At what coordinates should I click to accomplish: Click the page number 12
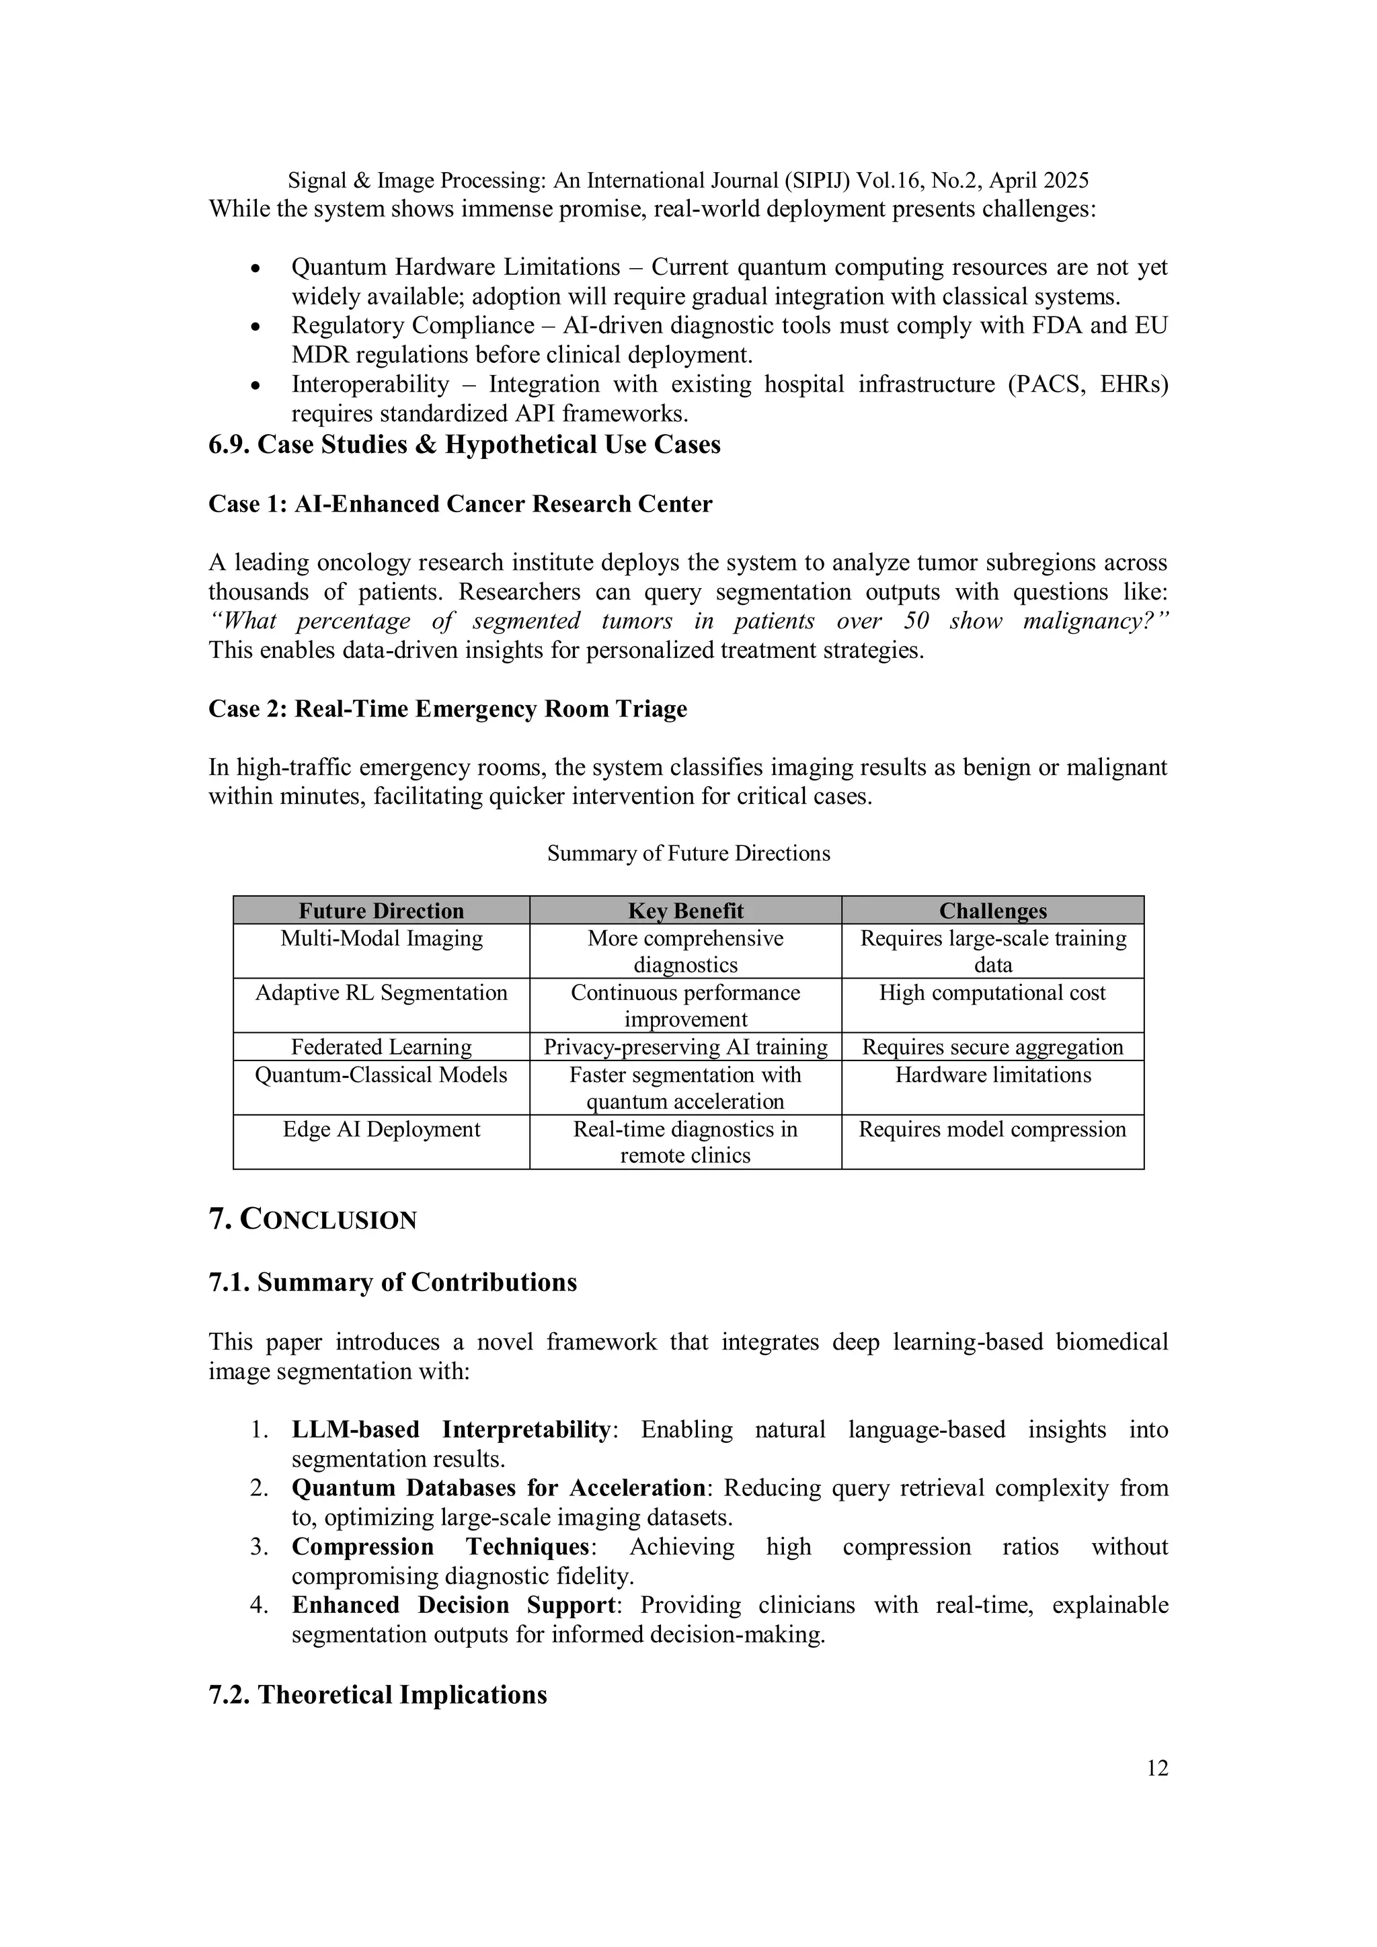tap(1156, 1768)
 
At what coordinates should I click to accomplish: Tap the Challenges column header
tap(992, 911)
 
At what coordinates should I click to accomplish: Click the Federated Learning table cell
tap(381, 1047)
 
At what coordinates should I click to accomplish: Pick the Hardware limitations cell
tap(992, 1075)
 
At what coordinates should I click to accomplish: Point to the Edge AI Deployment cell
tap(381, 1130)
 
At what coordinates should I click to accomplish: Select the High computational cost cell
tap(992, 993)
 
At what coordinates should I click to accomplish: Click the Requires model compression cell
tap(992, 1130)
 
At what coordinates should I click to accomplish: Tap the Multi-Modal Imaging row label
tap(381, 939)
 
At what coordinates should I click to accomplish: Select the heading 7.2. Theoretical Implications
tap(378, 1694)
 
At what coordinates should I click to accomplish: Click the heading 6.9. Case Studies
tap(464, 444)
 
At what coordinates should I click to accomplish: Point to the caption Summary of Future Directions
tap(688, 853)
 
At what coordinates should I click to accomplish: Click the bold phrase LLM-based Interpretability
tap(450, 1430)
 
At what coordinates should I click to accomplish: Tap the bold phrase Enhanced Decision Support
tap(454, 1606)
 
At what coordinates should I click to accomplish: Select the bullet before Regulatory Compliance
tap(255, 327)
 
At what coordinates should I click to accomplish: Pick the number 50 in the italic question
tap(916, 621)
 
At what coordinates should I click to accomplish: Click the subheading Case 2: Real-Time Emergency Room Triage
tap(447, 709)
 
